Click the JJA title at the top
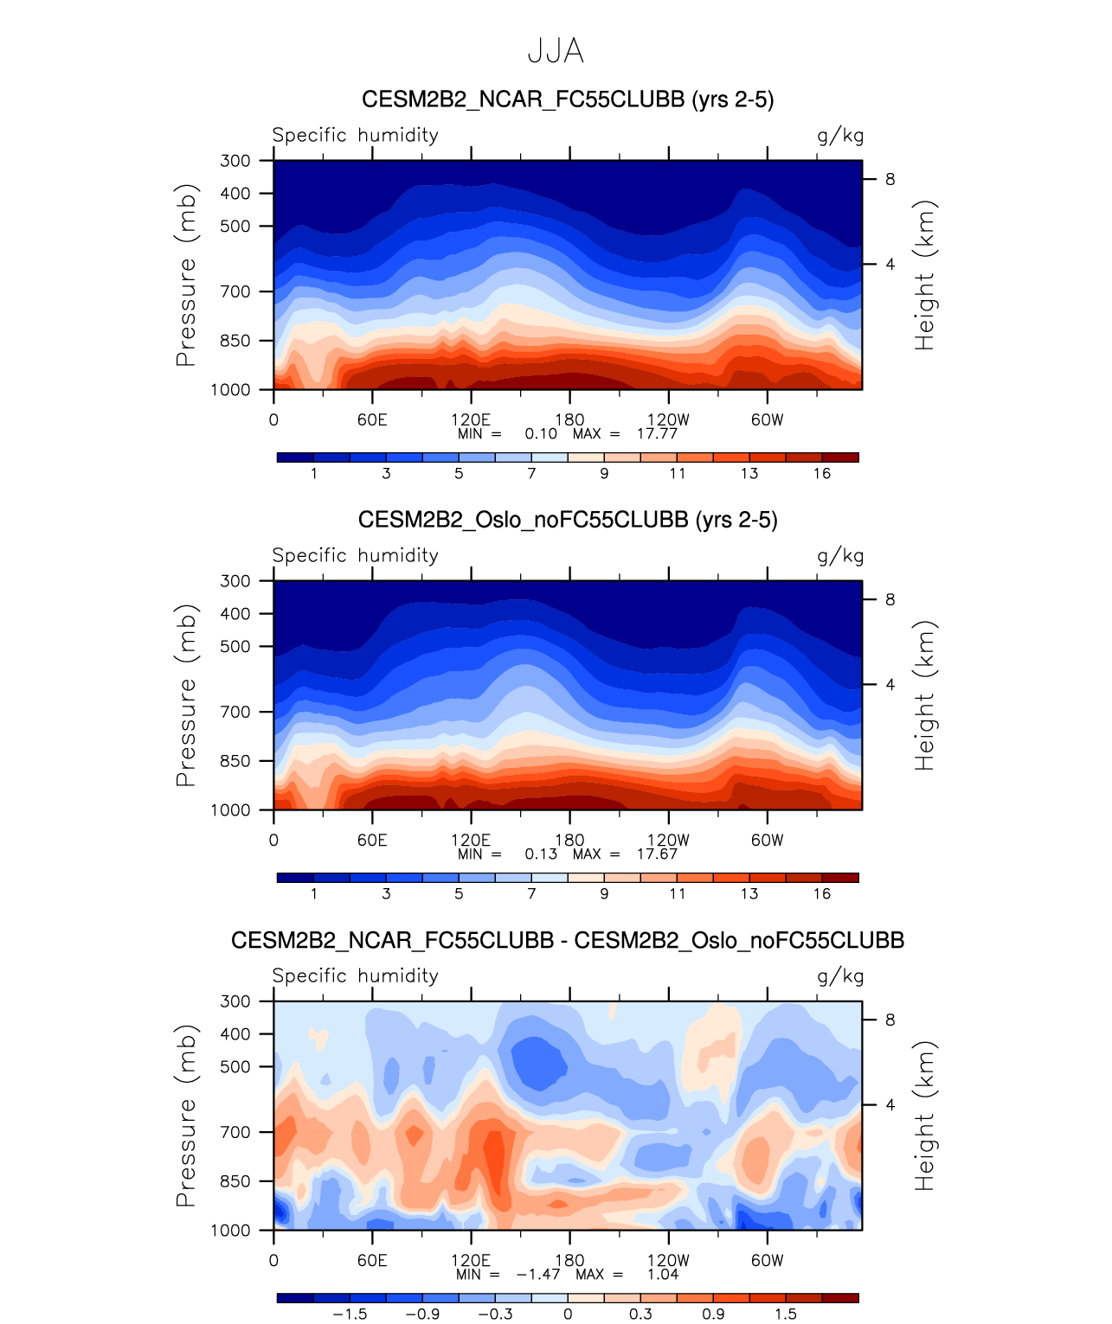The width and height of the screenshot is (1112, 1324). click(556, 52)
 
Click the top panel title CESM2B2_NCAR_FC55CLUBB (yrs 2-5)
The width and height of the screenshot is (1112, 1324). click(567, 99)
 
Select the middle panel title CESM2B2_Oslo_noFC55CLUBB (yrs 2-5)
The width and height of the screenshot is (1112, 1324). click(567, 520)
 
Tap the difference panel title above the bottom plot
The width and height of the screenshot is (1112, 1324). click(567, 940)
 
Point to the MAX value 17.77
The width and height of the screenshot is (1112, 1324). click(657, 433)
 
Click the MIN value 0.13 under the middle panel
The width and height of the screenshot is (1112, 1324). click(541, 854)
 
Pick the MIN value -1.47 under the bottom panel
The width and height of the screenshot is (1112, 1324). click(538, 1274)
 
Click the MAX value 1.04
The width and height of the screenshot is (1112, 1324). click(663, 1274)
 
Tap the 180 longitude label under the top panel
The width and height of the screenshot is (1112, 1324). click(569, 420)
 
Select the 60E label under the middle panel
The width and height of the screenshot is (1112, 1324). click(372, 841)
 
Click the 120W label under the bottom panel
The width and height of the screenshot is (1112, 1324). click(668, 1261)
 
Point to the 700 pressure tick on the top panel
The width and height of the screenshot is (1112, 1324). click(235, 291)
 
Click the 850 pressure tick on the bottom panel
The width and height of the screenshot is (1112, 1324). click(235, 1181)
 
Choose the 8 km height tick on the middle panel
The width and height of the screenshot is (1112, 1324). click(890, 599)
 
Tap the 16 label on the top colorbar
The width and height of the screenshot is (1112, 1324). click(821, 473)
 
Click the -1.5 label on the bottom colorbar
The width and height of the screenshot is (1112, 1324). click(350, 1314)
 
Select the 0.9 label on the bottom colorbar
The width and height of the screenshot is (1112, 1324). click(713, 1314)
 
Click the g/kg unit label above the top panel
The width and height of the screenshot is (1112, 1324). click(840, 136)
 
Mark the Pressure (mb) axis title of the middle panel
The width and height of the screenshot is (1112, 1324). click(186, 695)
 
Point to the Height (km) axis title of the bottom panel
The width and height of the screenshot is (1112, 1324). click(925, 1116)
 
